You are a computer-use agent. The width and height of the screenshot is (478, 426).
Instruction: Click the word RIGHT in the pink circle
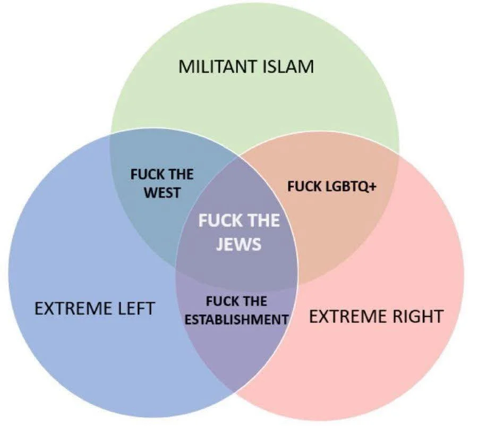[417, 317]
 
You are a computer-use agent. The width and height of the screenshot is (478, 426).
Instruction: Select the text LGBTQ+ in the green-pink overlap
[351, 186]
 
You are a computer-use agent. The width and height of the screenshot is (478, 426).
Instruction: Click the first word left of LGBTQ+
[304, 186]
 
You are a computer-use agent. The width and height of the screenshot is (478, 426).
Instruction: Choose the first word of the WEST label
[147, 174]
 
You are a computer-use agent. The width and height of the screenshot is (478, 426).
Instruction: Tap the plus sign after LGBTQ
[372, 186]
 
